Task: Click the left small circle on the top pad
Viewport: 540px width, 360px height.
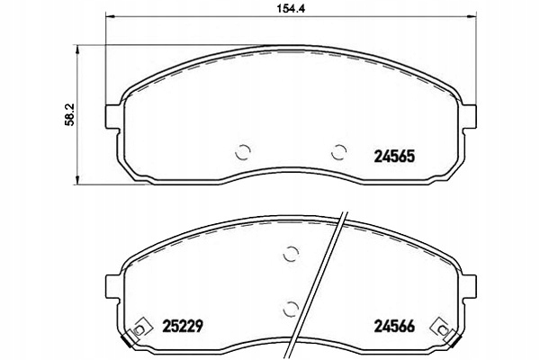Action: pyautogui.click(x=242, y=152)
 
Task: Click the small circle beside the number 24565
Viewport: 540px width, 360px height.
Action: pyautogui.click(x=338, y=152)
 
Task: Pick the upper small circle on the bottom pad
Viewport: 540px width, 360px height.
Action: pyautogui.click(x=290, y=255)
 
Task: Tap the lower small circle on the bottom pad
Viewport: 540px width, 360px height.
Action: pyautogui.click(x=290, y=309)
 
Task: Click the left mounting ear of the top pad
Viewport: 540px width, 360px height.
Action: pyautogui.click(x=112, y=116)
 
